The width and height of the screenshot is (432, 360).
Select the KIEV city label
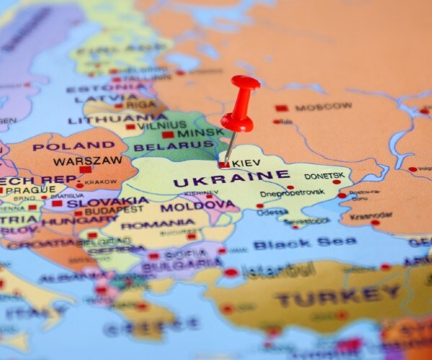point(248,163)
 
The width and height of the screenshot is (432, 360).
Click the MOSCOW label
point(323,107)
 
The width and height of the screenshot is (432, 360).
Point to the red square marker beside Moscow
point(281,108)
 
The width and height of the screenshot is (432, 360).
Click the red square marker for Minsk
point(168,134)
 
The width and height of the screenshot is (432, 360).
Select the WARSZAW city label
point(88,161)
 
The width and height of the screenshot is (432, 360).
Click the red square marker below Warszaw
point(85,170)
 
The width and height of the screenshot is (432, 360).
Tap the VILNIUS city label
point(162,124)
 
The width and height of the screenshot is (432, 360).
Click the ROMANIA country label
point(158,224)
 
